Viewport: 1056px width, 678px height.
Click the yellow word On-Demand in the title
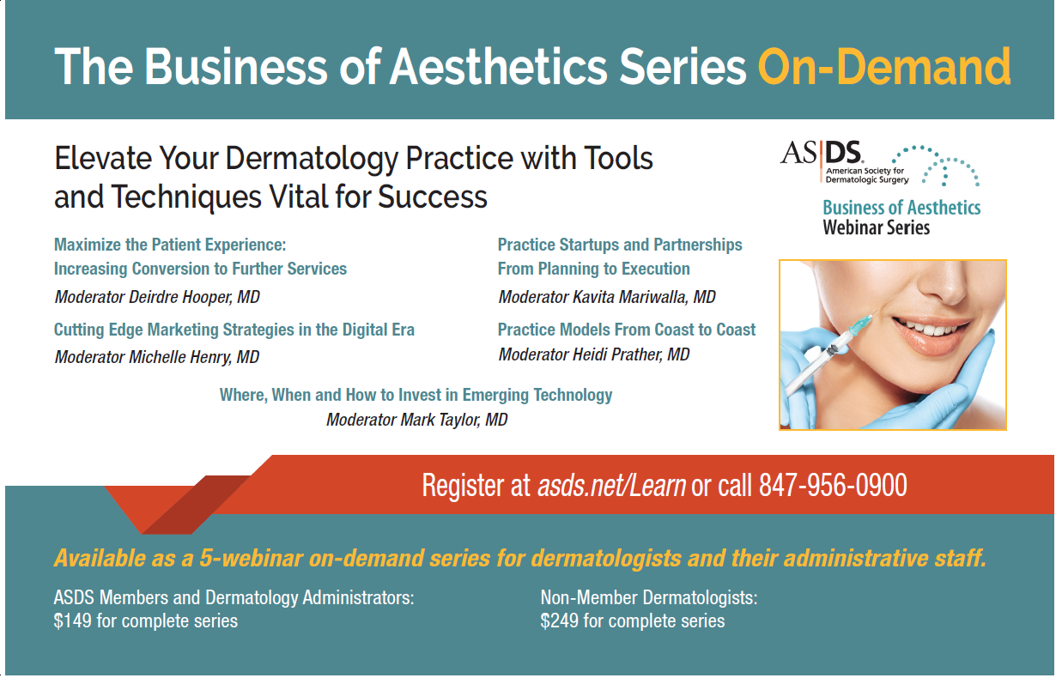coord(884,66)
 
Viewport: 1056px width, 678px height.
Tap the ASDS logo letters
coord(821,153)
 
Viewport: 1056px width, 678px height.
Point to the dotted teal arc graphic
coord(935,165)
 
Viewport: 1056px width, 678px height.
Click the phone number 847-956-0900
coord(833,485)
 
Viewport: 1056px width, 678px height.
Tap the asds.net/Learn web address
coord(611,485)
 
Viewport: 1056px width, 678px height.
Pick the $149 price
coord(73,621)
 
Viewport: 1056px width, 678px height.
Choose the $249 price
coord(560,621)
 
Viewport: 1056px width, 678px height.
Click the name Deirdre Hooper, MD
coord(194,297)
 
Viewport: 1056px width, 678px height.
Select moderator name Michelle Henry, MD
coord(194,357)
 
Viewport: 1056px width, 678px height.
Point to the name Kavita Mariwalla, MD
coord(644,297)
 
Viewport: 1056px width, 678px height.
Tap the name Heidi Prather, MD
coord(631,354)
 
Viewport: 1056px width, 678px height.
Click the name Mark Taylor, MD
coord(454,420)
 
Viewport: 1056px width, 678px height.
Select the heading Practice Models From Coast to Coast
coord(627,330)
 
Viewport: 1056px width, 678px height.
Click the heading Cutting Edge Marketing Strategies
coord(174,330)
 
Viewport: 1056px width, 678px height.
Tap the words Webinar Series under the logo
coord(877,228)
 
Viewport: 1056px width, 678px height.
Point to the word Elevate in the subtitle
coord(97,158)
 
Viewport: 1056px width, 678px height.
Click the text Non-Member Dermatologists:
coord(649,598)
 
